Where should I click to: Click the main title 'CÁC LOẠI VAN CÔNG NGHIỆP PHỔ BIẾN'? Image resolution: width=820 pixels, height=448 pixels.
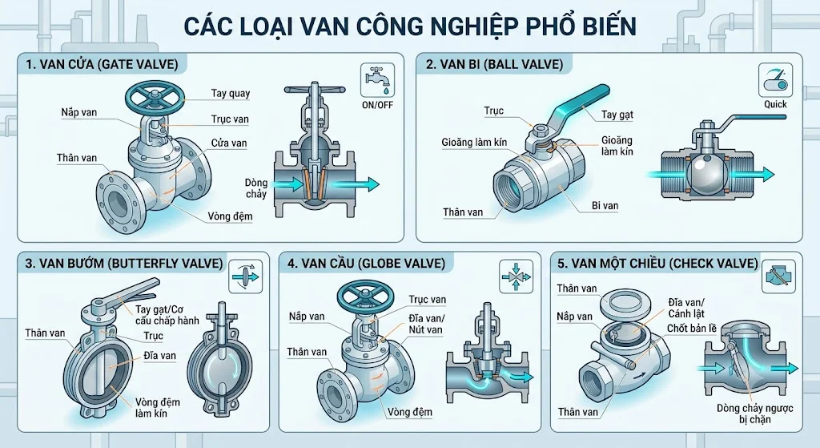411,26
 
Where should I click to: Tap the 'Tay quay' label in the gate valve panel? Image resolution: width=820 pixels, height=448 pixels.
231,93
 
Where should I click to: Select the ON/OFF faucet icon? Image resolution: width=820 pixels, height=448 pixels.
377,81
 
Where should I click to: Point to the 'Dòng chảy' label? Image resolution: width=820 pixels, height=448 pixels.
255,188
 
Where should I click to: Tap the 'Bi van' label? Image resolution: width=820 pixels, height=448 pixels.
605,206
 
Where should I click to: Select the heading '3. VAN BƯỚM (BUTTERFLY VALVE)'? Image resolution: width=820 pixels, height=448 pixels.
124,263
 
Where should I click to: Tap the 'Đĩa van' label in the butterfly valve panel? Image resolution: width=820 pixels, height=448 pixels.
160,356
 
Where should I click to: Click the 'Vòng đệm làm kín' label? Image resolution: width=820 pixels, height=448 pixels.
158,408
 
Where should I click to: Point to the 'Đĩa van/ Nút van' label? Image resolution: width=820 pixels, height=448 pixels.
426,324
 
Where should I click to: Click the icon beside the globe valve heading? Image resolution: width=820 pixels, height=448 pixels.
516,276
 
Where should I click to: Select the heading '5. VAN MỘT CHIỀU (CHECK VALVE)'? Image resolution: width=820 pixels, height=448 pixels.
658,263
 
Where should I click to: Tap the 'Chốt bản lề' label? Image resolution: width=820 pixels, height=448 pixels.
692,329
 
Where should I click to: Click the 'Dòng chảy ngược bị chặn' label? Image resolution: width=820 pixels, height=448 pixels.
755,414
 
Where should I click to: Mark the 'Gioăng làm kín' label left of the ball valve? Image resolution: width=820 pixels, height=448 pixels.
474,143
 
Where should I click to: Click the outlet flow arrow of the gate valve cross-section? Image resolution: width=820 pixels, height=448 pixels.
356,184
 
